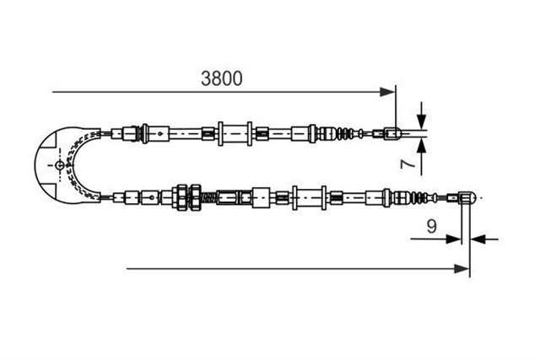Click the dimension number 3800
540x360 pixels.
[221, 78]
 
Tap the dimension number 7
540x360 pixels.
[408, 163]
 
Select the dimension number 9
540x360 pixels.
[431, 226]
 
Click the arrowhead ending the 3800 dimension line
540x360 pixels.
[387, 92]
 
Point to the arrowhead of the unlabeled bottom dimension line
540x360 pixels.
[462, 269]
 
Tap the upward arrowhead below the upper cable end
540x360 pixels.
[421, 146]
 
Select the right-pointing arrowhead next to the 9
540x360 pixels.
[453, 239]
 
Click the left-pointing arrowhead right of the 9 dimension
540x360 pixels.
[478, 239]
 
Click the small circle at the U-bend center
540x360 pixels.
[60, 165]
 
